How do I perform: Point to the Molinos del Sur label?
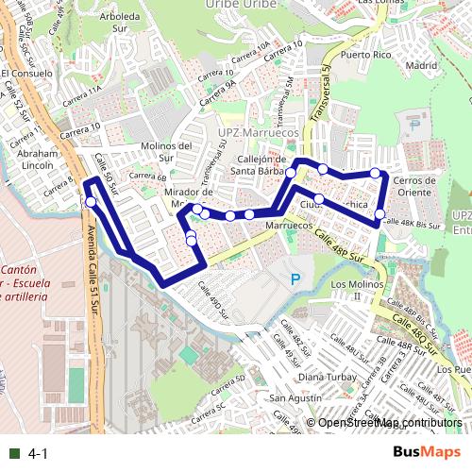166,151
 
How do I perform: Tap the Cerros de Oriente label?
415,186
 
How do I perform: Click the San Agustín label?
295,398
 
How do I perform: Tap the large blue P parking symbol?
295,279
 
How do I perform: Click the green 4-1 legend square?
13,454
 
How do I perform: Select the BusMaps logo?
426,453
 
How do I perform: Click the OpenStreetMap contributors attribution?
389,423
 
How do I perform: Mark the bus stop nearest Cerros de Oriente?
376,173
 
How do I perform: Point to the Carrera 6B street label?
147,177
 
